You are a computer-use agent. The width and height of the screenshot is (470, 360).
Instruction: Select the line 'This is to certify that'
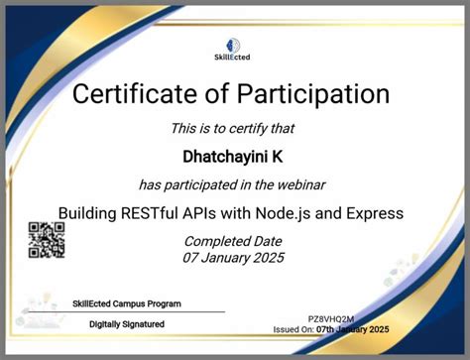[234, 128]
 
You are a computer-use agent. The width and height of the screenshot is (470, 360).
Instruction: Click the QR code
[47, 241]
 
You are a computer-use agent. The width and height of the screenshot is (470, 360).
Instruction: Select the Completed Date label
[234, 241]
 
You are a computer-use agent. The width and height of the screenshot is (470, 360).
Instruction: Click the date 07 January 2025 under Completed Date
[234, 258]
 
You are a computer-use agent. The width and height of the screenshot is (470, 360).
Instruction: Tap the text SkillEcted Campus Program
[127, 303]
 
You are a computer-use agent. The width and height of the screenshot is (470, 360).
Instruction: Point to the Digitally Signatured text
[127, 323]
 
